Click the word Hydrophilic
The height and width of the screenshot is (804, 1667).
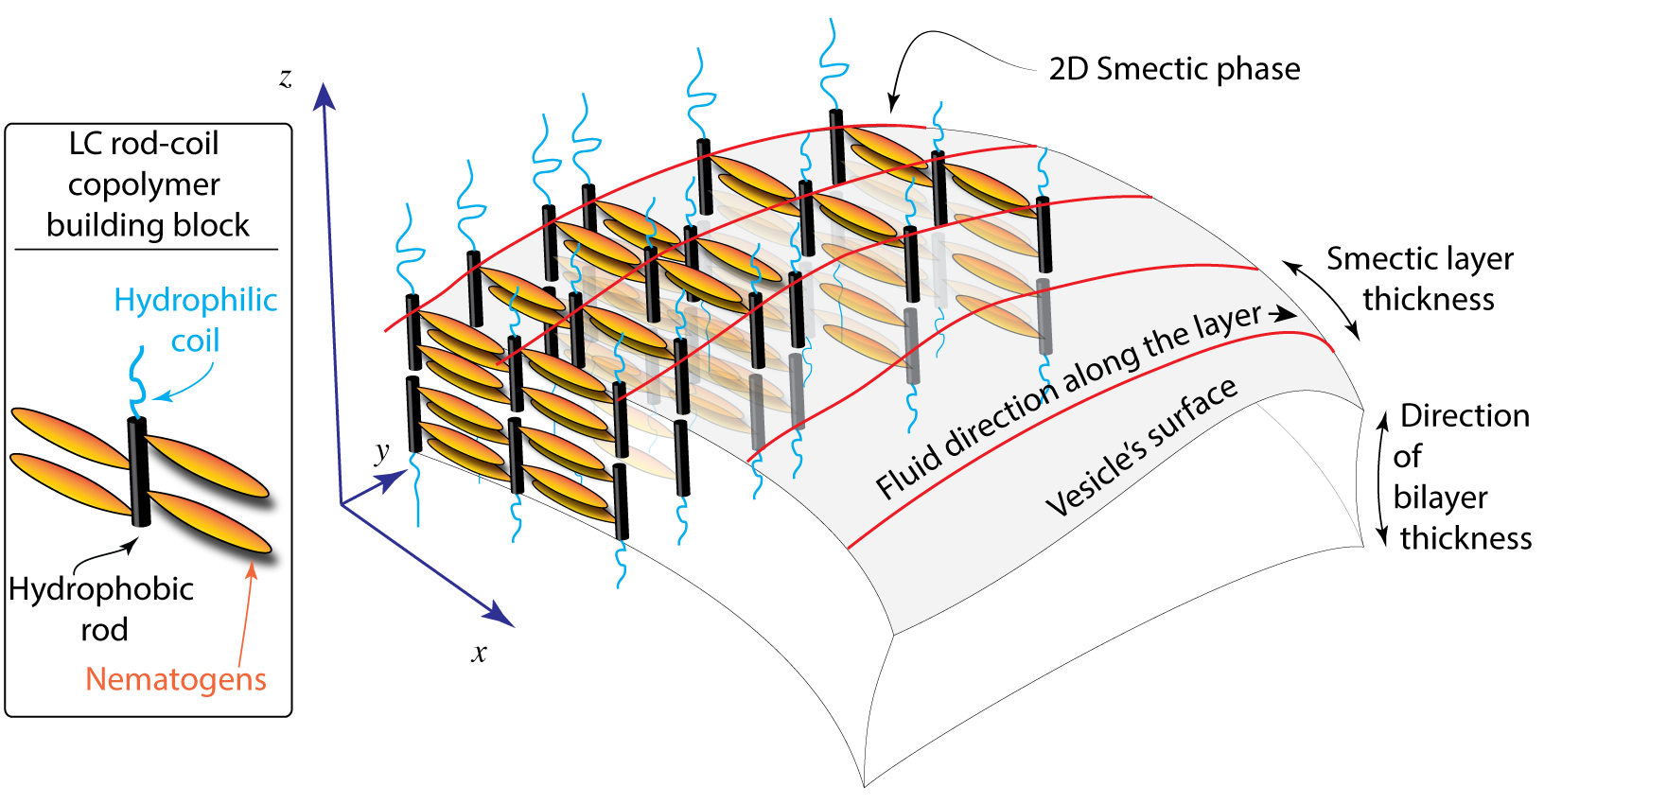(195, 302)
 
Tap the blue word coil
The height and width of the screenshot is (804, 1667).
(195, 341)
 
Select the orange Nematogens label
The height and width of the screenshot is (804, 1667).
(176, 679)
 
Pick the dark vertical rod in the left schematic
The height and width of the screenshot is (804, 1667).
(135, 473)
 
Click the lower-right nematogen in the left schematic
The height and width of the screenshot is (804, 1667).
(209, 521)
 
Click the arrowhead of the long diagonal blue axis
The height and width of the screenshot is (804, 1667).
(500, 616)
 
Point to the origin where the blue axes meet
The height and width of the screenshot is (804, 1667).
(341, 505)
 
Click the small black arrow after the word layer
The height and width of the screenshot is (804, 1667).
(1283, 314)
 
